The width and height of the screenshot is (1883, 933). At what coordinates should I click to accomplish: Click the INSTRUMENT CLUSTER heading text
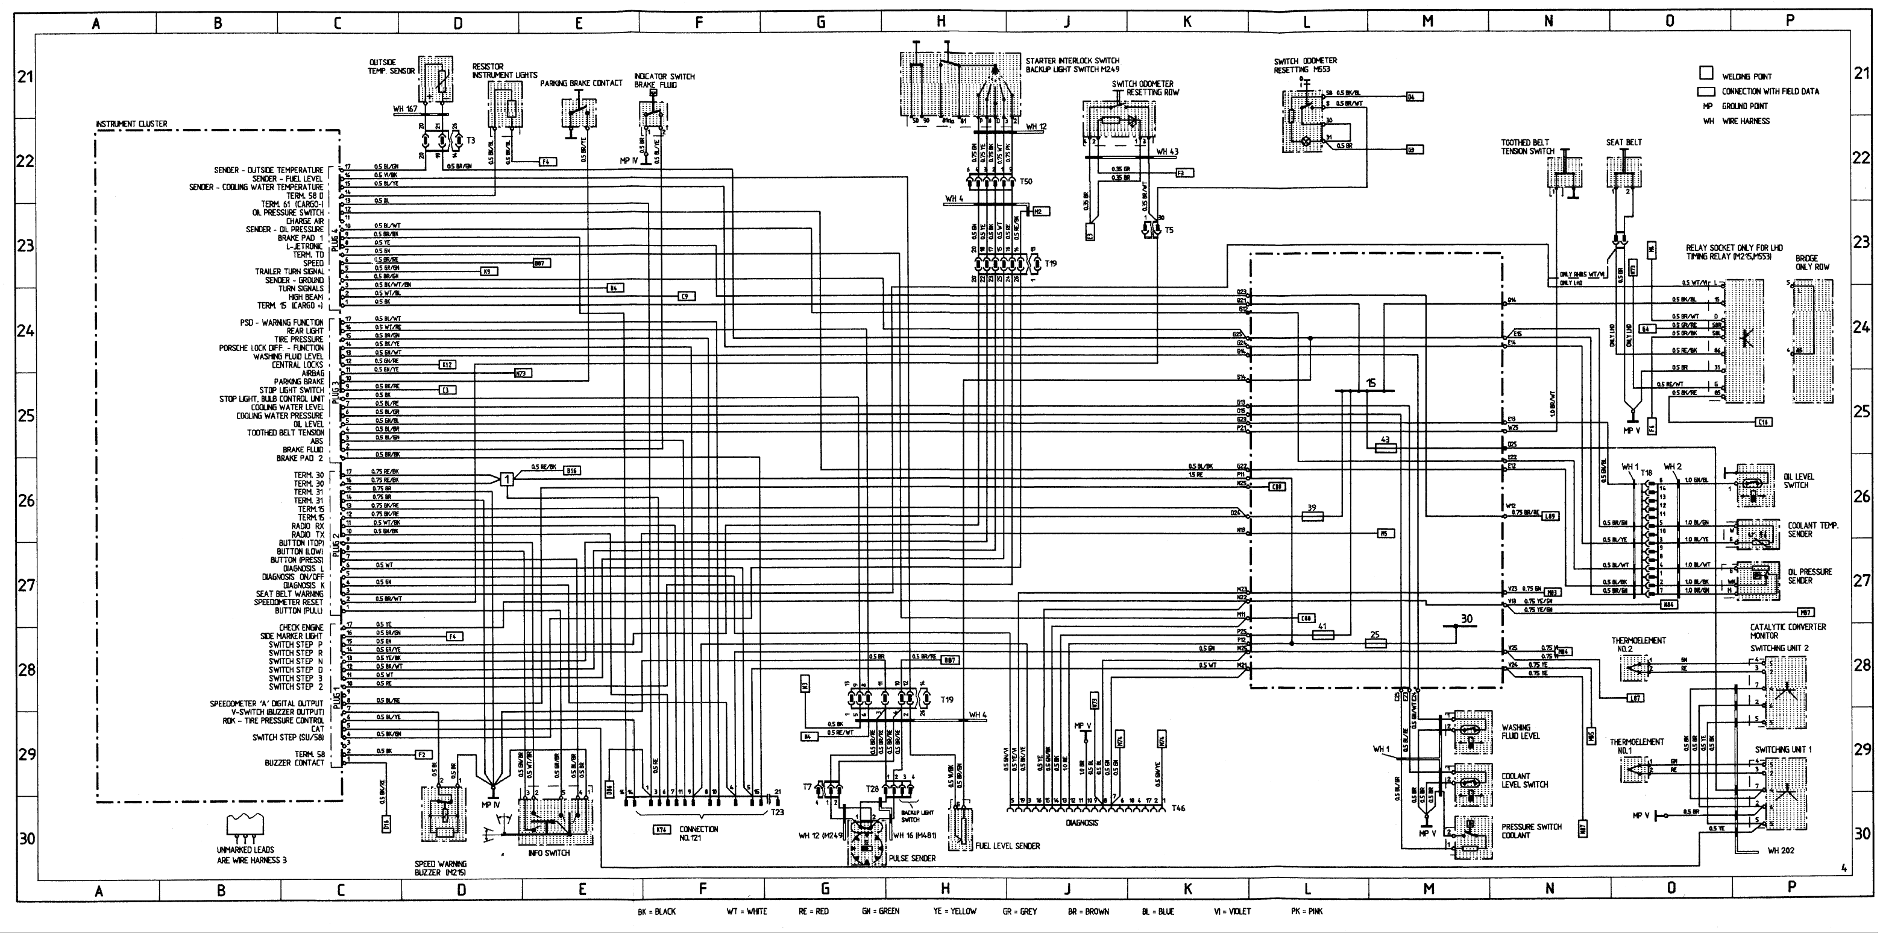(x=131, y=124)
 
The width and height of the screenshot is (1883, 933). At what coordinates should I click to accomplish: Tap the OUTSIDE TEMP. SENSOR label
(x=392, y=66)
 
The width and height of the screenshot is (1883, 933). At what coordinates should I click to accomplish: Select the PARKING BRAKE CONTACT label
(x=581, y=83)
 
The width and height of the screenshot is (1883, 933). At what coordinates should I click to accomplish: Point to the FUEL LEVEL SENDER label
(x=1007, y=846)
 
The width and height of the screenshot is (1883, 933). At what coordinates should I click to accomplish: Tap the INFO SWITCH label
(x=549, y=853)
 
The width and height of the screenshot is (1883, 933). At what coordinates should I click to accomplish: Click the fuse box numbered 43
(x=1385, y=448)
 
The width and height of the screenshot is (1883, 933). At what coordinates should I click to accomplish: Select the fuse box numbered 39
(x=1313, y=516)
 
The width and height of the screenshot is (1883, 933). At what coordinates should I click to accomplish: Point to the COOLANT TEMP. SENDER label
(x=1813, y=530)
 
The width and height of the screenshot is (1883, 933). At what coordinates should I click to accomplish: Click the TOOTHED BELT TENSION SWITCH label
(x=1528, y=147)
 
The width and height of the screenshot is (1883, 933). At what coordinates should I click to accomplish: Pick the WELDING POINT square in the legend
(x=1706, y=73)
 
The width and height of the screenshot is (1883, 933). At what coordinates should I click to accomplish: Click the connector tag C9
(x=686, y=296)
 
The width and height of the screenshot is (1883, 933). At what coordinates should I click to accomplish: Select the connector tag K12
(x=447, y=364)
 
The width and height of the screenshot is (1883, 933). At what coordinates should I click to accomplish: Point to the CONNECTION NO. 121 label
(x=698, y=833)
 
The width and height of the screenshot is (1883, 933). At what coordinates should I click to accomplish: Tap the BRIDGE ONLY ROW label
(x=1811, y=262)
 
